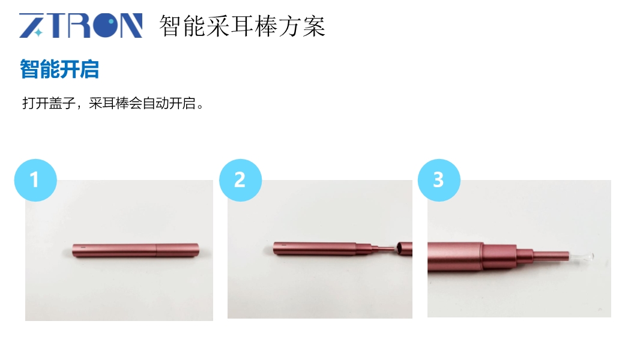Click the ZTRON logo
pos(81,25)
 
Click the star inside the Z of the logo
pos(38,32)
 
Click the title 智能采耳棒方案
pos(242,26)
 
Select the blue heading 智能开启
pos(59,69)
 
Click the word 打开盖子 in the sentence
pos(49,103)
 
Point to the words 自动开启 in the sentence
pos(169,103)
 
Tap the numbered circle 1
pos(35,180)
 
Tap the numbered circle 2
pos(240,180)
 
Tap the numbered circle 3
pos(439,180)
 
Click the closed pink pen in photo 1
pos(136,250)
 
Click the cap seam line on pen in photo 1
pos(157,250)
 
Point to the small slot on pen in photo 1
pos(83,247)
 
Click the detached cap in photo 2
pos(404,248)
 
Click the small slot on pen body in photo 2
pos(283,245)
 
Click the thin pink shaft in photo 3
pos(551,256)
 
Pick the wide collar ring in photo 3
pos(499,257)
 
